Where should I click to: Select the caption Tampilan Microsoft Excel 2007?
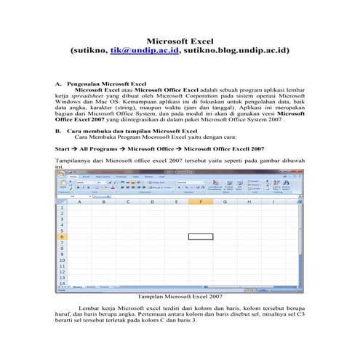point(180,296)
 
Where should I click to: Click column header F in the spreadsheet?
point(200,201)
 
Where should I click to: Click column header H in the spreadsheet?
point(249,201)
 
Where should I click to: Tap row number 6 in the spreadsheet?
point(63,236)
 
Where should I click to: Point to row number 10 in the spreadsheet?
point(63,260)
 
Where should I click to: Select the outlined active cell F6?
point(200,236)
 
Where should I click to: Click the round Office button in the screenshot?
point(61,177)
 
